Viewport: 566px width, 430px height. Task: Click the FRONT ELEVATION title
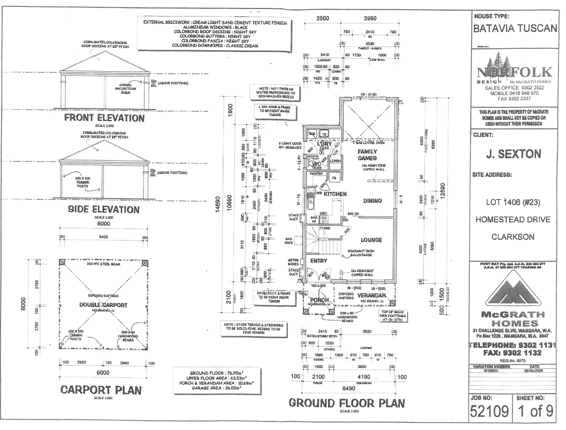[x=104, y=118]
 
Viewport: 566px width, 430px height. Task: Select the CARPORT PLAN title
[x=101, y=390]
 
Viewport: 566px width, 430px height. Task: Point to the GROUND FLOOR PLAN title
[x=347, y=403]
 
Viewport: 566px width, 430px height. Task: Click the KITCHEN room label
[x=335, y=194]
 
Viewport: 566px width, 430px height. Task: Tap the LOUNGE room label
[x=371, y=240]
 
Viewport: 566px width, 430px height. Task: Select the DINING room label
[x=372, y=201]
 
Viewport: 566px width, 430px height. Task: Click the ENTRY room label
[x=319, y=261]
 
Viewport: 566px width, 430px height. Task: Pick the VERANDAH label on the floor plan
[x=372, y=295]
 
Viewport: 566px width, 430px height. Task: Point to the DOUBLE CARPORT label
[x=103, y=305]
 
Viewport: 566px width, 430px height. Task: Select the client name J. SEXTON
[x=513, y=154]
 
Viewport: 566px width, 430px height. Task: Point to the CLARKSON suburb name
[x=513, y=237]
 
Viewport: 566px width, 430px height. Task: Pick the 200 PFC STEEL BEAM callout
[x=104, y=264]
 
